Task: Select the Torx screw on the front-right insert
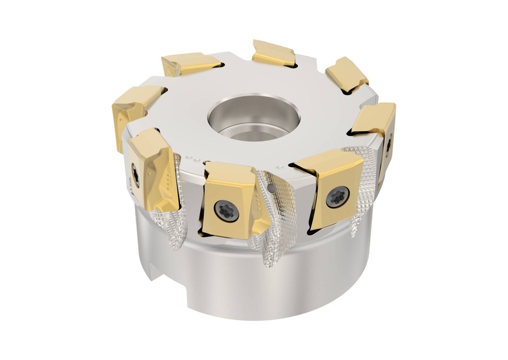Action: (337, 197)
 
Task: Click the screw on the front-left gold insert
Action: (136, 176)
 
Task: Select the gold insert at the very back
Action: (274, 54)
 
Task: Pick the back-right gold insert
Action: (346, 74)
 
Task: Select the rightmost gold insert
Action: (377, 129)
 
